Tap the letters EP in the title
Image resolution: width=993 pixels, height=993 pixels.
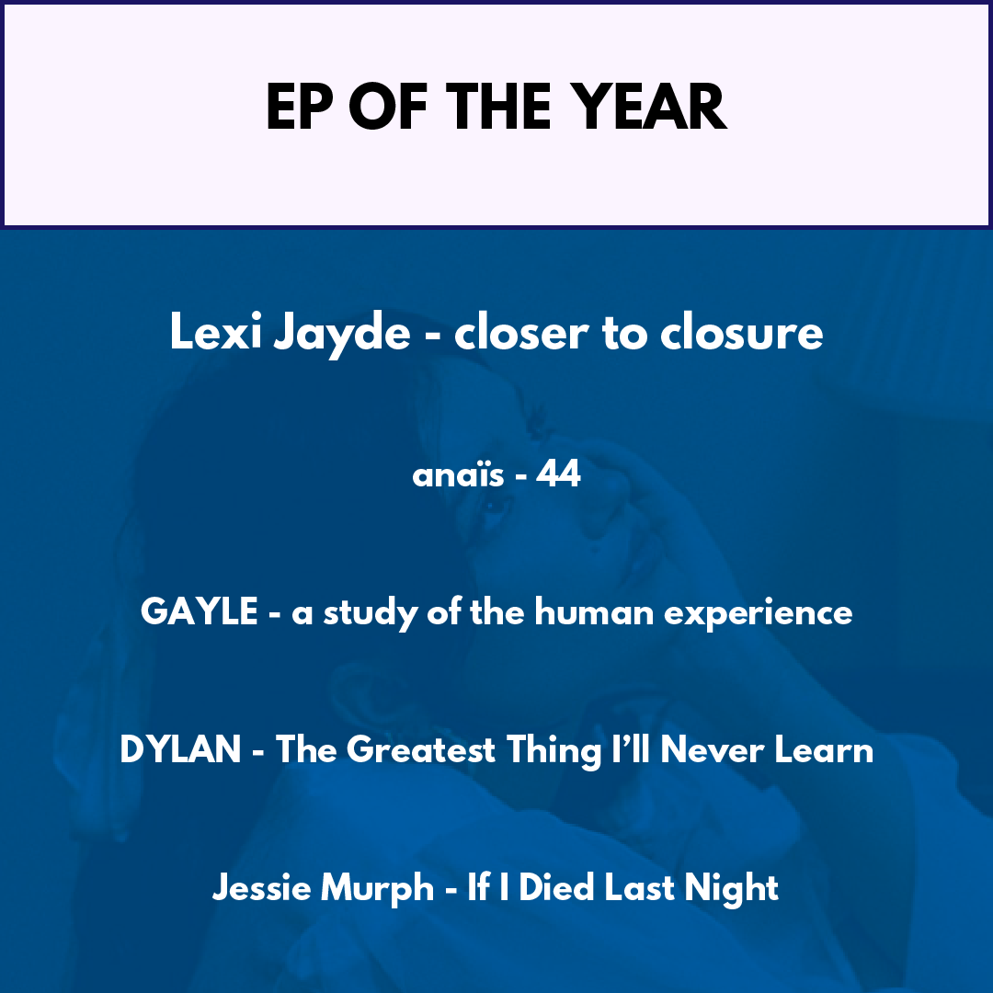[x=300, y=107]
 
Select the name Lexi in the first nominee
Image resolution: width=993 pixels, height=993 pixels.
[x=215, y=331]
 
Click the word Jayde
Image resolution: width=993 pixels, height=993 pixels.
[x=342, y=335]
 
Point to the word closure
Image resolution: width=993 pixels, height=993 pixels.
[x=742, y=331]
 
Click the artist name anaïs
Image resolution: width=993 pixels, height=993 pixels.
[x=459, y=474]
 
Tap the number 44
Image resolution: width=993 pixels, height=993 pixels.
[x=558, y=474]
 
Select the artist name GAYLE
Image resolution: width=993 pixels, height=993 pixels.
[x=199, y=611]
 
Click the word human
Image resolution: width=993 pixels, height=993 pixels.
[x=593, y=611]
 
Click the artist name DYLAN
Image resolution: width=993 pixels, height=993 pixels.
[x=180, y=750]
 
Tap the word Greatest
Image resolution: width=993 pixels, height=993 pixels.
[x=420, y=750]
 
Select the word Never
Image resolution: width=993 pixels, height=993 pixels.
[x=712, y=750]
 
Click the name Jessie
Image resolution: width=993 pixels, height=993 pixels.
[x=261, y=887]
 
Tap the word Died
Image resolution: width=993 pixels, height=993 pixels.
[x=556, y=887]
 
